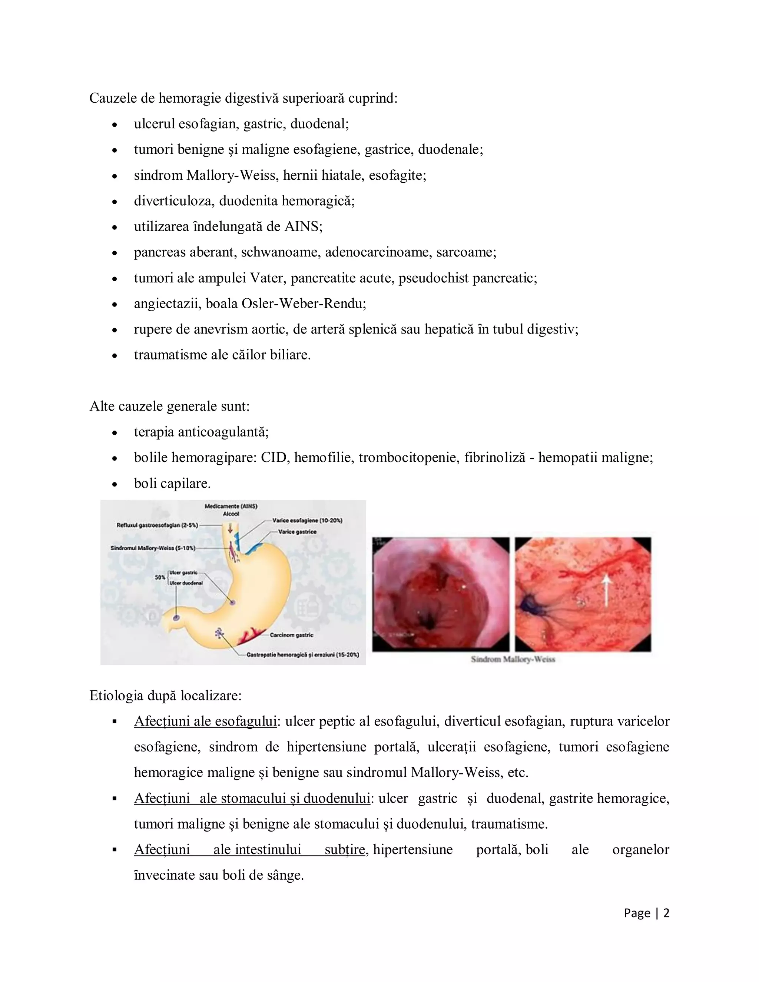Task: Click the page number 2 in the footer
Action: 666,913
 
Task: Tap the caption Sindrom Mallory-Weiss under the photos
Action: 513,659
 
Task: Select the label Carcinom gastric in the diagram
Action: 291,635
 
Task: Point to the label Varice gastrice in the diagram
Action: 297,531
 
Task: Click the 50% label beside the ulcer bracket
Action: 160,577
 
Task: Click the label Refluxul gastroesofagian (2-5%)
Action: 157,525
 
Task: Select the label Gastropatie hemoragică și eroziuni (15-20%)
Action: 303,655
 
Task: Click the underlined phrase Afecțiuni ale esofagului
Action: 205,721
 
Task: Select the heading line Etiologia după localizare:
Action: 165,696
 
